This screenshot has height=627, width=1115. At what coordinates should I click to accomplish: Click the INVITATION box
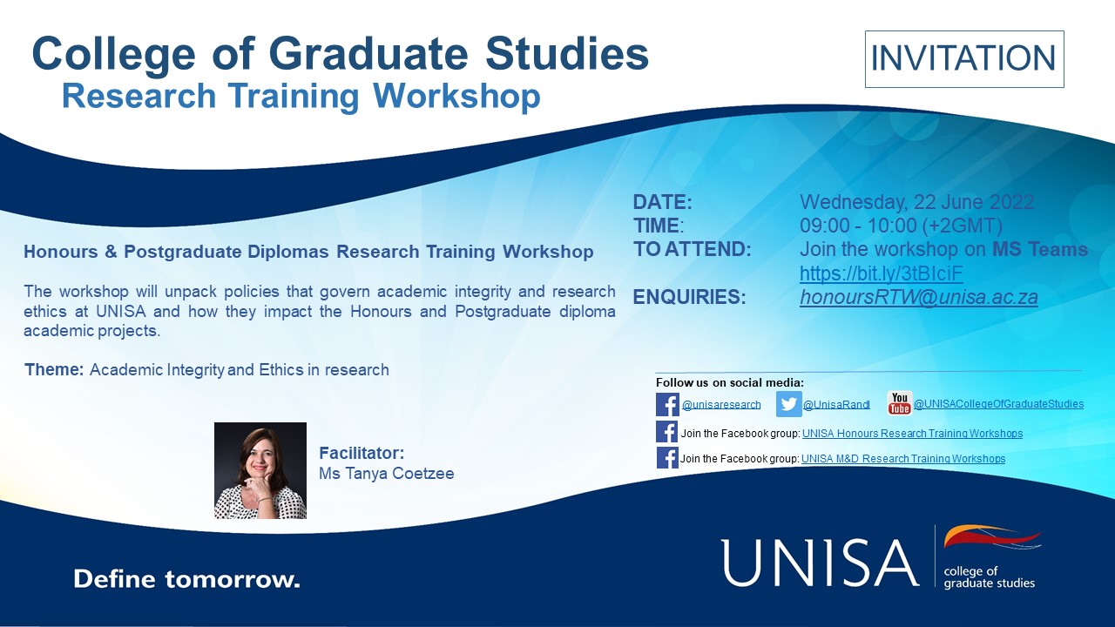click(x=963, y=58)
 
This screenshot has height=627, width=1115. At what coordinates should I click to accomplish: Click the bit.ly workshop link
click(x=881, y=273)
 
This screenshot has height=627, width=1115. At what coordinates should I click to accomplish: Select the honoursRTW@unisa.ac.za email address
click(x=919, y=297)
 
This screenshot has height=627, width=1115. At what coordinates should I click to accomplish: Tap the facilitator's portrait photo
click(x=260, y=470)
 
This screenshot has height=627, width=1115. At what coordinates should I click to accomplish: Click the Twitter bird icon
click(x=788, y=404)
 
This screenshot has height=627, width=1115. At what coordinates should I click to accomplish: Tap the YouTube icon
click(x=899, y=404)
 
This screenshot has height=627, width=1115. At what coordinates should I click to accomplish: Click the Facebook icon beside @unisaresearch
click(x=667, y=404)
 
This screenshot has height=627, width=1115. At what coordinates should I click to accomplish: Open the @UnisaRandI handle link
click(x=835, y=405)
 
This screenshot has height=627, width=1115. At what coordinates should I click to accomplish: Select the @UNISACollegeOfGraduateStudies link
click(x=998, y=404)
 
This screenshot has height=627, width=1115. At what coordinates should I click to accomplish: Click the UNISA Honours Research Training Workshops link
click(x=912, y=434)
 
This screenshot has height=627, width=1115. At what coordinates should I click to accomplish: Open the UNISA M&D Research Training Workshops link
click(x=902, y=459)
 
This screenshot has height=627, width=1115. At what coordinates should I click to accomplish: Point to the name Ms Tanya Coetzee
click(x=386, y=474)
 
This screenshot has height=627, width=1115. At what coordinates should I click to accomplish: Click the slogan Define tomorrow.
click(x=186, y=579)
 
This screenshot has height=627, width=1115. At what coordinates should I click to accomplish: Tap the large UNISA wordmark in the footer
click(x=820, y=562)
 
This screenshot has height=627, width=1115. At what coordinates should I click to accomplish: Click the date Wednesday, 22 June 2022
click(x=916, y=203)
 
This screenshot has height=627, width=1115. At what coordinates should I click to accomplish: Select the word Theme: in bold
click(x=54, y=369)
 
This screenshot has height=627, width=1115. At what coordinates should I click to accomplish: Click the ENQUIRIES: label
click(x=689, y=297)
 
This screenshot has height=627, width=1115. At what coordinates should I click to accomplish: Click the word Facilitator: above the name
click(x=362, y=454)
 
